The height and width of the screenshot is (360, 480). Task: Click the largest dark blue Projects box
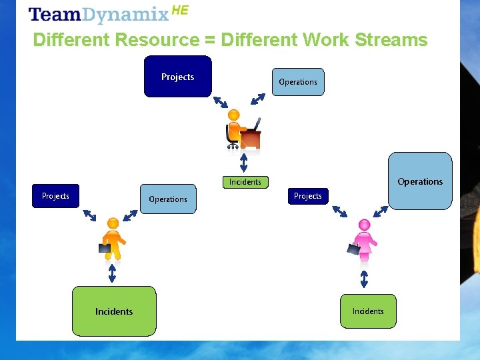coord(178,77)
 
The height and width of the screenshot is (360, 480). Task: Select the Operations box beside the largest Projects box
coord(298,82)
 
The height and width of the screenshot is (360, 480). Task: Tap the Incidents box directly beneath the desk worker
coord(245,182)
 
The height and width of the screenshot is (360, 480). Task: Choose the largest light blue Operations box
coord(420,181)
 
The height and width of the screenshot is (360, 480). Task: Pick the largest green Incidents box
coord(114,311)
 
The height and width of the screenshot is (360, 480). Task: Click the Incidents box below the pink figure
coord(368,311)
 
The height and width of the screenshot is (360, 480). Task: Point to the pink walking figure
coord(364,240)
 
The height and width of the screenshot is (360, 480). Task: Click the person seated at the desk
coord(234,128)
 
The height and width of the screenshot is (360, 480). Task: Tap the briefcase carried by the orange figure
coord(105,248)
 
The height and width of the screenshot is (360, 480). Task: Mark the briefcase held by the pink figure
coord(353,249)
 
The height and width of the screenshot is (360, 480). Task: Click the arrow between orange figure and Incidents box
coord(112,273)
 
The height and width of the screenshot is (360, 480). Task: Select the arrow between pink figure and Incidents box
coord(364,278)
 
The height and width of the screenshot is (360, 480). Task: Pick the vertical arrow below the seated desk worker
coord(244,163)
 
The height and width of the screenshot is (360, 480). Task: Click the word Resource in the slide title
coord(157,40)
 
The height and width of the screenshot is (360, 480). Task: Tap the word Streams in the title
coord(391,40)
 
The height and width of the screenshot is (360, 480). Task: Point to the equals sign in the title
coord(209,41)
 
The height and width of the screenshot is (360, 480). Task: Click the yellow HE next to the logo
coord(180,10)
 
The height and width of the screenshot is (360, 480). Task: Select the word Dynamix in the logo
coord(127,15)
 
